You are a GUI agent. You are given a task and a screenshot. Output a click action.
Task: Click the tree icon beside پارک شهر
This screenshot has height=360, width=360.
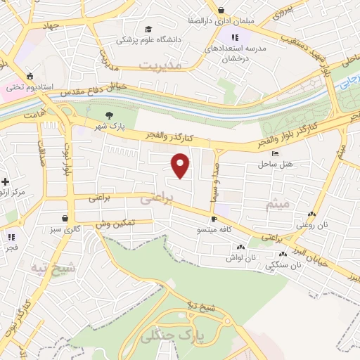pos(108,116)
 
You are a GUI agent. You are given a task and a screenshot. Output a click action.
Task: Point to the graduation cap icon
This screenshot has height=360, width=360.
pos(148,29)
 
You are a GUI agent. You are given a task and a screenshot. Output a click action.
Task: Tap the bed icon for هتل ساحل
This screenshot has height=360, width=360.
pos(274,153)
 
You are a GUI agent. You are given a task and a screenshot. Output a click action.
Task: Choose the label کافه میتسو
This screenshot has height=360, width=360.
pos(216,230)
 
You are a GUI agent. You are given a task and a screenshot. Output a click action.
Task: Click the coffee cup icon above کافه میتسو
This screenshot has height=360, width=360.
pos(214,219)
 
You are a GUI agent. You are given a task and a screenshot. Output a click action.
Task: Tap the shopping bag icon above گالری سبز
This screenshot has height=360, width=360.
pos(65,218)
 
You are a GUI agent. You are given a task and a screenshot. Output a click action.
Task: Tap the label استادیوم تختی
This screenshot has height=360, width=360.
pos(30,88)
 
